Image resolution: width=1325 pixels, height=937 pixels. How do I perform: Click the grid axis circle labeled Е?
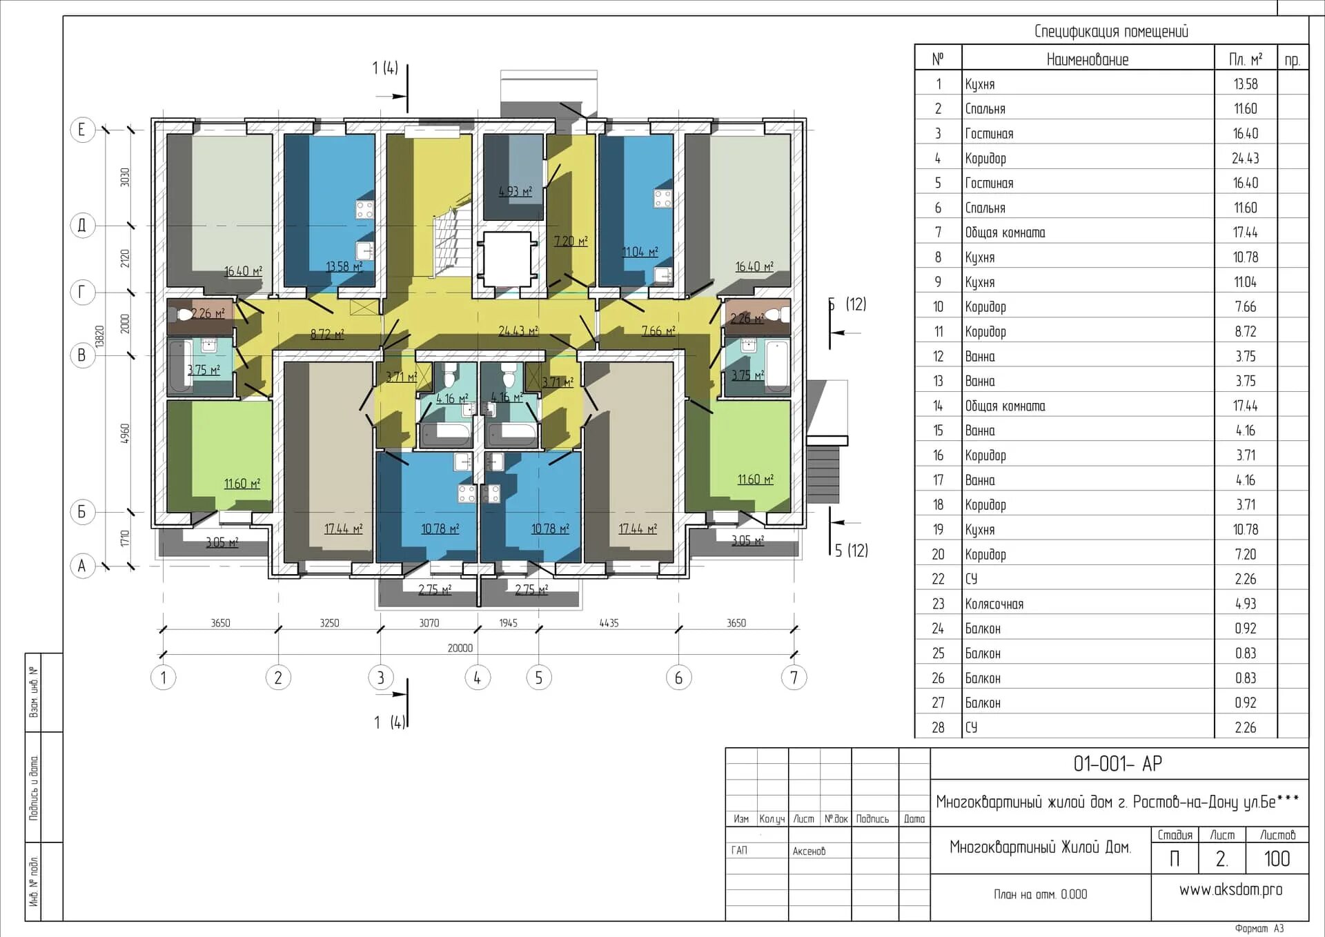click(82, 129)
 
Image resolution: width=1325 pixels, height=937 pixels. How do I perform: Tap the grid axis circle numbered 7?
click(794, 678)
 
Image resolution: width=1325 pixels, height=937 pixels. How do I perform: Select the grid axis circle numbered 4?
click(477, 678)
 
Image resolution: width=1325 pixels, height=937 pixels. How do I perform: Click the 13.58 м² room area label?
click(344, 266)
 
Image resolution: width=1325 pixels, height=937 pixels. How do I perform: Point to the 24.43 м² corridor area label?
click(518, 331)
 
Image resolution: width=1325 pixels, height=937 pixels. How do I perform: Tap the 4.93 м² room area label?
click(516, 191)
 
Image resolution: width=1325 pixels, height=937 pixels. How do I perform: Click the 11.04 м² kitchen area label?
click(640, 252)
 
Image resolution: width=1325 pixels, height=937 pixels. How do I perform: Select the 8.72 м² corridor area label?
click(327, 334)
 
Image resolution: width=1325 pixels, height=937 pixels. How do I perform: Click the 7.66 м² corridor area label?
click(658, 331)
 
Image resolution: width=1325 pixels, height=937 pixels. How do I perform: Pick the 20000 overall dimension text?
click(460, 648)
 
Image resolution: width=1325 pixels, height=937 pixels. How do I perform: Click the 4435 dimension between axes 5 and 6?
click(609, 623)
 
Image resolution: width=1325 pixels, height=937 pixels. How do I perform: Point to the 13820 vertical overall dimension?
click(99, 337)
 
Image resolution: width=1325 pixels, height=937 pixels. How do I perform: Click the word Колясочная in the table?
click(994, 604)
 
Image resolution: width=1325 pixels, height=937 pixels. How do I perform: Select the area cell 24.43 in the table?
click(1246, 158)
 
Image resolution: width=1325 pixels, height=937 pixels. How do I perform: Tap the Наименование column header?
click(1088, 59)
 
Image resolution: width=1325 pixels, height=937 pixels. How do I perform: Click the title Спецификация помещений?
click(1111, 31)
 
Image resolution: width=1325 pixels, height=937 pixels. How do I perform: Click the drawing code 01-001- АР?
click(1118, 764)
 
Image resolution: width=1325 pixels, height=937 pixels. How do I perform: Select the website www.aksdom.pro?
click(1230, 890)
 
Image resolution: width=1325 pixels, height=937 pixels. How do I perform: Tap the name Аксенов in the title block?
click(809, 851)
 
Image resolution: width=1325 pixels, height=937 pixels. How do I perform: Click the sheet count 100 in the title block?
click(1277, 859)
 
